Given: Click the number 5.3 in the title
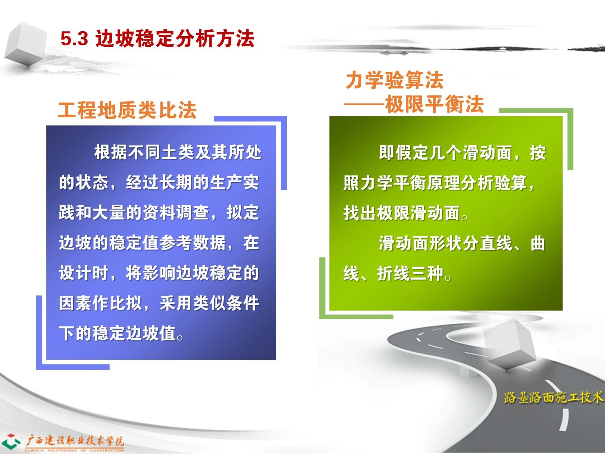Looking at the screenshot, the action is [74, 38].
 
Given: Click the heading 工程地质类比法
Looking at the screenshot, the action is [127, 110].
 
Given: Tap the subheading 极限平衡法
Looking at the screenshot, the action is [434, 105].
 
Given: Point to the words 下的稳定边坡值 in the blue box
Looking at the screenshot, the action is [117, 333].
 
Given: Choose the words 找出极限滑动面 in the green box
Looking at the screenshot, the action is [402, 213].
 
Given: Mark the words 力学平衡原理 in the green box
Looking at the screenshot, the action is [410, 183].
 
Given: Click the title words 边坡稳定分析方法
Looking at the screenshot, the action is [175, 38].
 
